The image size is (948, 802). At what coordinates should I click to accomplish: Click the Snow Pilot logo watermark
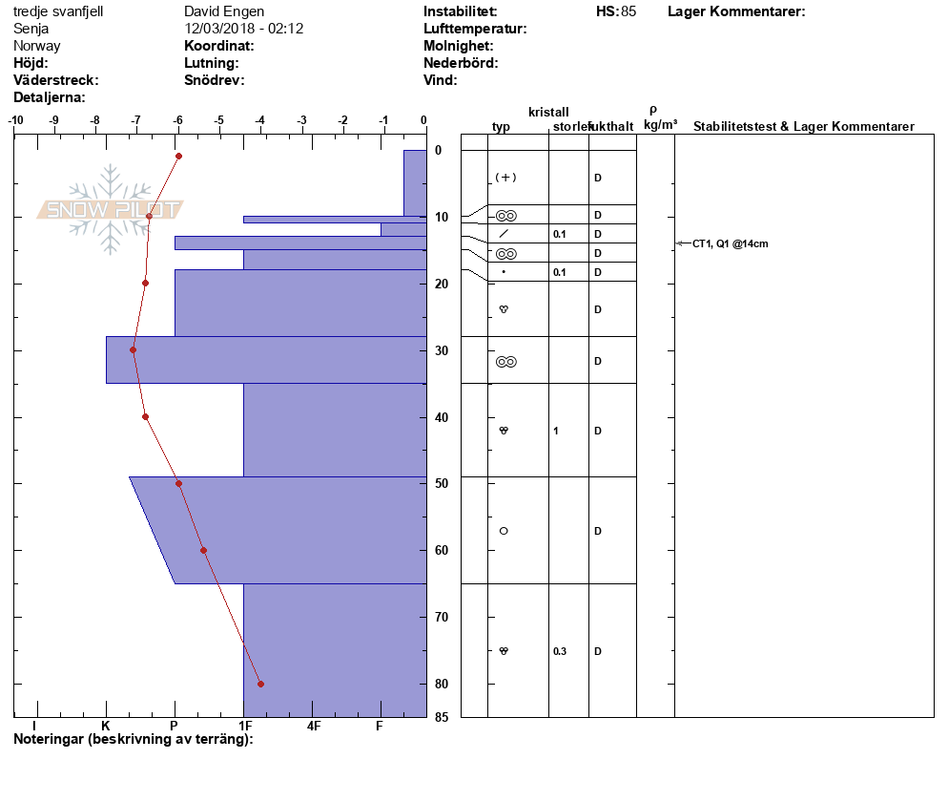(112, 209)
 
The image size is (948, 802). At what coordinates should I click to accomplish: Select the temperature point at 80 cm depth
(260, 684)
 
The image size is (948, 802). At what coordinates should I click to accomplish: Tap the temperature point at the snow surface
(178, 156)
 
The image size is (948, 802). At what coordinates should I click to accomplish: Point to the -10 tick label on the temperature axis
(16, 120)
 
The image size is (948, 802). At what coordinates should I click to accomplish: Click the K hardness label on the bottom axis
(106, 726)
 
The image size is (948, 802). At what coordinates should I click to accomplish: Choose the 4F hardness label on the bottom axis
(314, 726)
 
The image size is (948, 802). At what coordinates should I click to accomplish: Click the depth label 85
(442, 718)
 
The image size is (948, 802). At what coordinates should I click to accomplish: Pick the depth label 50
(442, 484)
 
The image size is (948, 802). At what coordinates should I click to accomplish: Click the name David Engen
(224, 11)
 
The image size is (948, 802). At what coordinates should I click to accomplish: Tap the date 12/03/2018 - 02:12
(243, 29)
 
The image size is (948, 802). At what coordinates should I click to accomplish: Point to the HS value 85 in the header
(628, 11)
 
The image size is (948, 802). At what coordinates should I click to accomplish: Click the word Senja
(31, 29)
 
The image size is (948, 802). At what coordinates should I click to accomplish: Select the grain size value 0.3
(560, 651)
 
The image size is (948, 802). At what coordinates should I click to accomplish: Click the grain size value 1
(556, 431)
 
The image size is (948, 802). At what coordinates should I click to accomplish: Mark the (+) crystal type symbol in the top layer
(505, 178)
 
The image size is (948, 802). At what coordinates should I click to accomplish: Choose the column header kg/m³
(660, 125)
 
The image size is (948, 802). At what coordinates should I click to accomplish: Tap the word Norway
(37, 46)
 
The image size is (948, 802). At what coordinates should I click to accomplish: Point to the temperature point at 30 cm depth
(134, 349)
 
